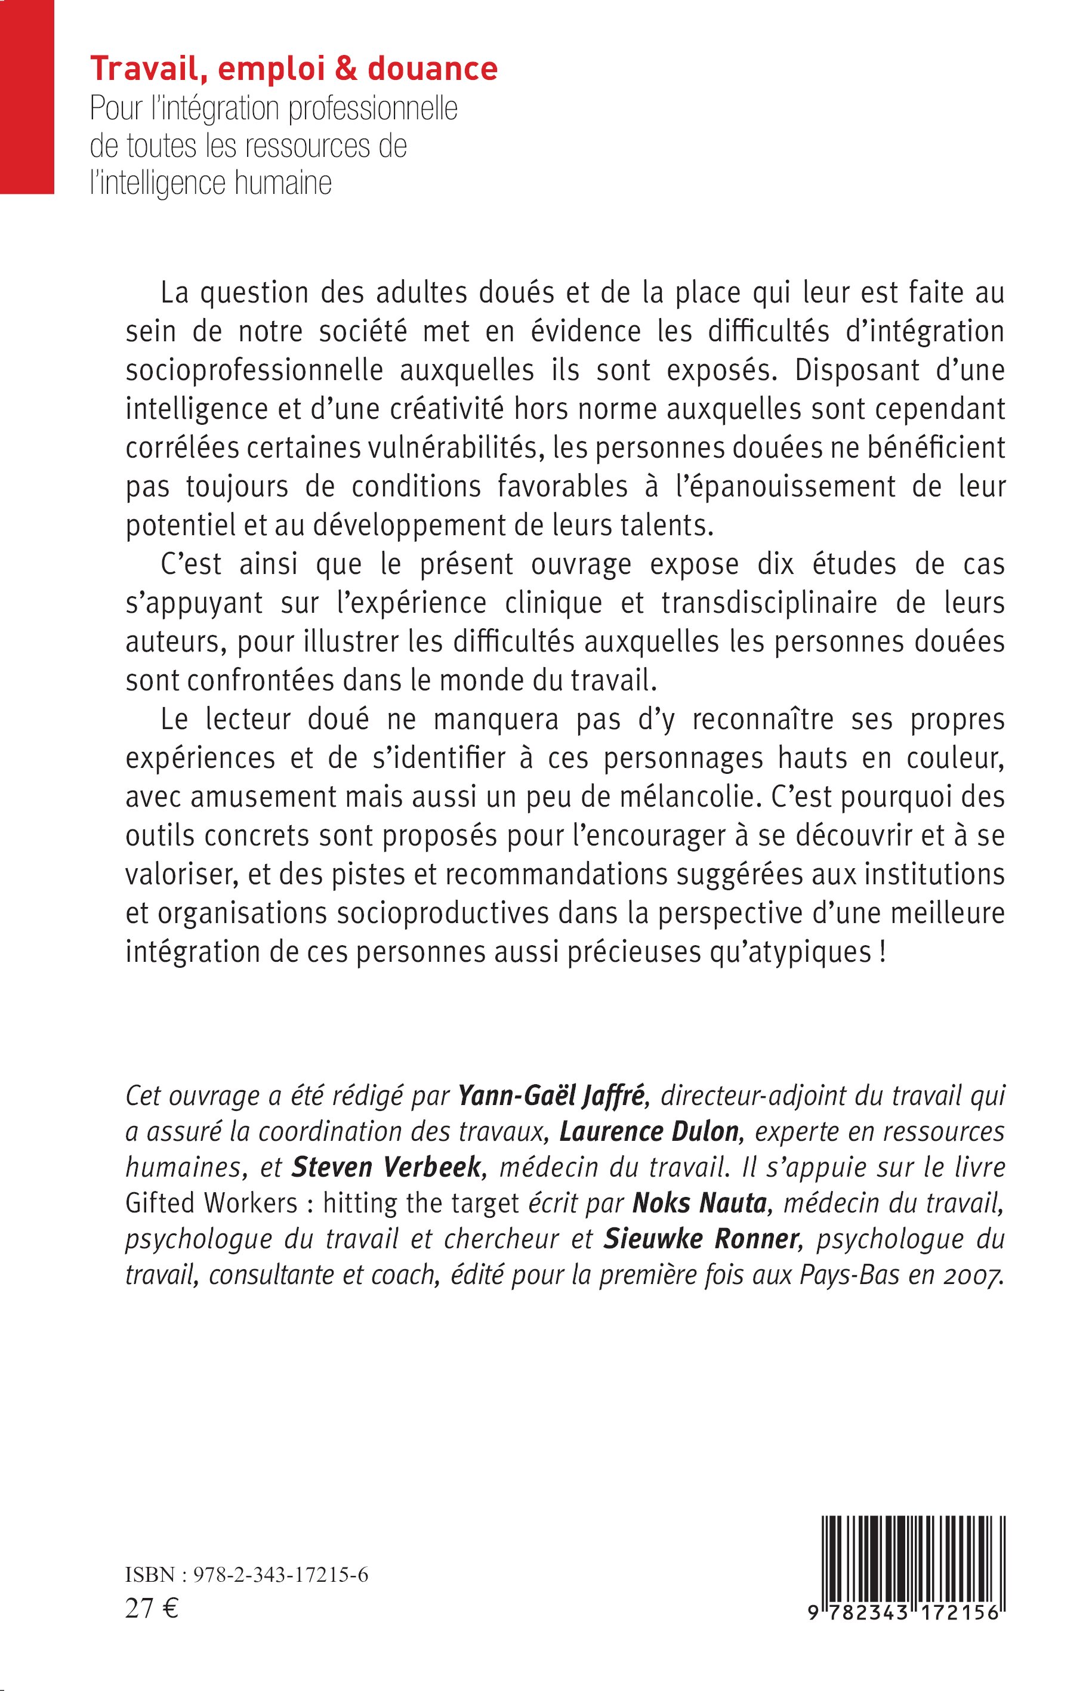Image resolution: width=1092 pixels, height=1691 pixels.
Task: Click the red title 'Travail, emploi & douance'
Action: (294, 69)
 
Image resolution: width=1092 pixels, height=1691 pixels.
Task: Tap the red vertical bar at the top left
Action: (27, 97)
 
